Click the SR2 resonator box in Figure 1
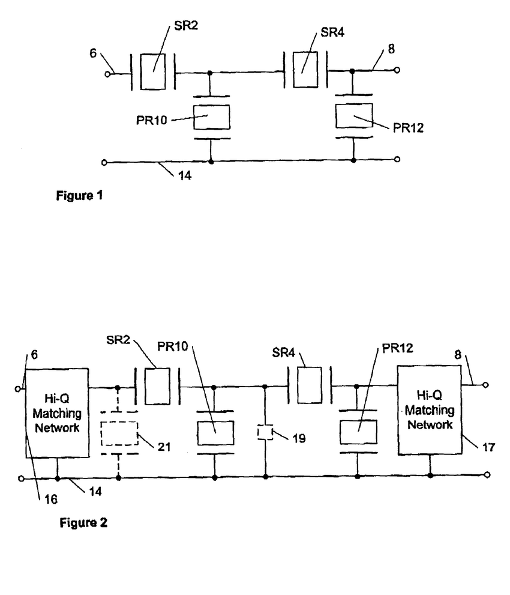[152, 73]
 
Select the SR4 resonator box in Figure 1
[304, 70]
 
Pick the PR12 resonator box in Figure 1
[353, 115]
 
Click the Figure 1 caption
[79, 196]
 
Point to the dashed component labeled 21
[119, 432]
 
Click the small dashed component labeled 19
[265, 432]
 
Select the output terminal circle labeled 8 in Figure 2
[486, 384]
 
